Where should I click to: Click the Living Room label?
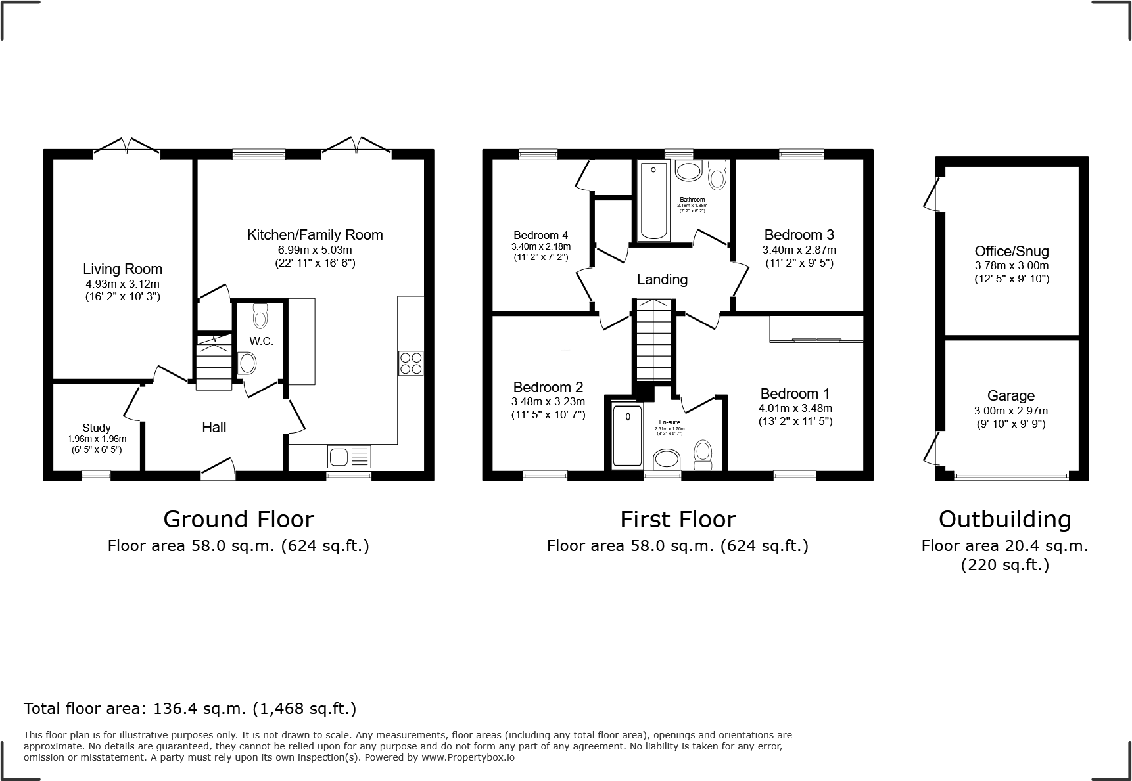(x=122, y=269)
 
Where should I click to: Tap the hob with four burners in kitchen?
(x=410, y=363)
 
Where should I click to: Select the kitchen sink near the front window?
(x=349, y=455)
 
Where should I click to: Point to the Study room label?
(x=97, y=428)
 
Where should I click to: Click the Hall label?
(x=214, y=428)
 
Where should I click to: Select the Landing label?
(x=662, y=280)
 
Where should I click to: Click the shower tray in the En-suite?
(x=627, y=436)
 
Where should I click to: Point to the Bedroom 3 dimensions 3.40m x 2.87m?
(x=799, y=250)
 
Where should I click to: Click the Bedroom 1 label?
(x=795, y=393)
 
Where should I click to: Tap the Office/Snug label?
(x=1011, y=251)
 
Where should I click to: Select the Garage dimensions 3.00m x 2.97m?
(x=1010, y=411)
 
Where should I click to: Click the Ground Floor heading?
(x=238, y=519)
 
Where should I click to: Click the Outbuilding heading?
(x=1004, y=519)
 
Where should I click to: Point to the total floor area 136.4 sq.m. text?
(x=190, y=709)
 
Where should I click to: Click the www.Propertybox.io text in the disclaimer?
(x=467, y=757)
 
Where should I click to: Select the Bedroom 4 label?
(x=540, y=235)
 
